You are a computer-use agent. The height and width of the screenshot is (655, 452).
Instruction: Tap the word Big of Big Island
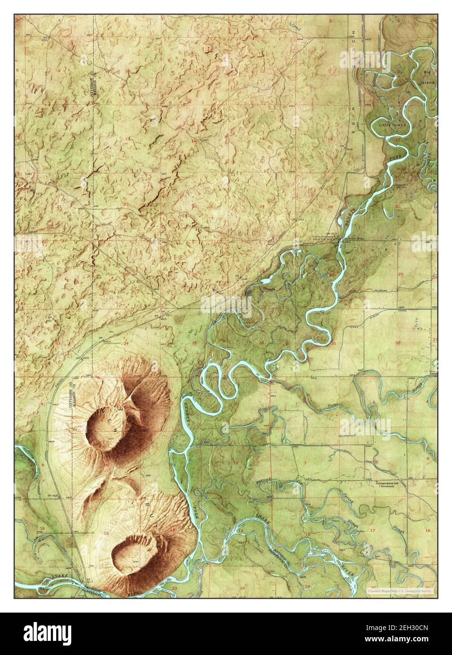[x=427, y=72]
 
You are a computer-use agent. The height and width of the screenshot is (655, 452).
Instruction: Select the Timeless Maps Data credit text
[x=402, y=590]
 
